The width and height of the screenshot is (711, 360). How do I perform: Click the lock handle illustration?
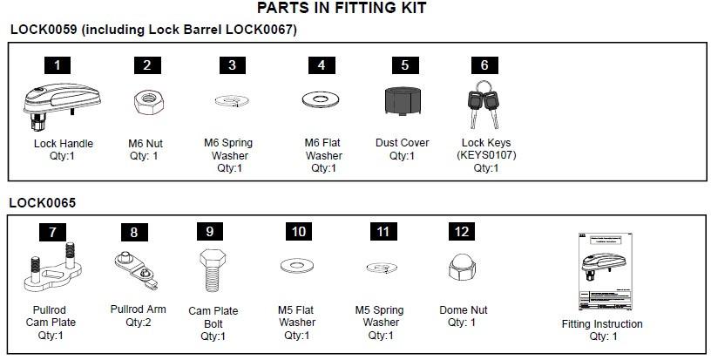coord(58,103)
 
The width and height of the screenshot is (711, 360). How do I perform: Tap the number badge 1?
coord(58,65)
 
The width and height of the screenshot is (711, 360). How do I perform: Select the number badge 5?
coord(404,65)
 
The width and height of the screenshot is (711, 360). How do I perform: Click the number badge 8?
coord(133,232)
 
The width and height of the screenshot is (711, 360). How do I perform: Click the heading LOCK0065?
coord(43,203)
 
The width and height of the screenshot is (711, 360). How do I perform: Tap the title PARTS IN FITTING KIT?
coord(342,9)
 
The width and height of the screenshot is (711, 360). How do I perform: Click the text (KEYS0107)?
coord(484,156)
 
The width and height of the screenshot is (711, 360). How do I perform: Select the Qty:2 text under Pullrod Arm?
coord(139,322)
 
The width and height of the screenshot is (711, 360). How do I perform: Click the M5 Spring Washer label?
coord(380,316)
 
